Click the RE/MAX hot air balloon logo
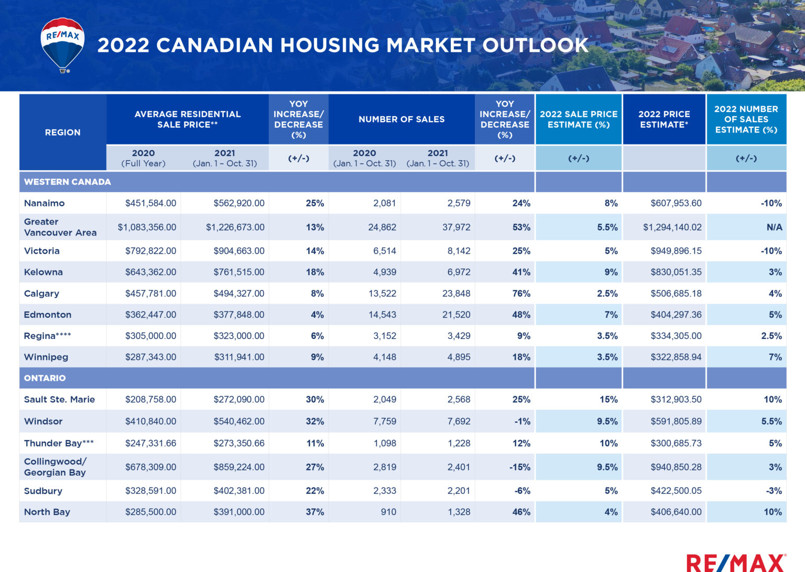coord(62,44)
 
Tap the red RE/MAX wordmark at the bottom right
coord(736,563)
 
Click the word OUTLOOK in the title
coord(535,46)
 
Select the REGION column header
coord(62,132)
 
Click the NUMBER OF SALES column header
coord(401,119)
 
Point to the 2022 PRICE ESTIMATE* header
coord(664,119)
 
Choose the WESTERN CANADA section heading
coord(68,182)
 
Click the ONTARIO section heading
coord(45,378)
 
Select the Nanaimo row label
coord(45,203)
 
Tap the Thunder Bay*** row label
coord(59,443)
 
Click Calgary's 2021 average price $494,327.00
coord(238,294)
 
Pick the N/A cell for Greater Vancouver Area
coord(774,227)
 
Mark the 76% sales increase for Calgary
coord(521,294)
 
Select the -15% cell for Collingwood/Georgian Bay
coord(519,467)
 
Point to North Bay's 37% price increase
coord(314,512)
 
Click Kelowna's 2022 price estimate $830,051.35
coord(676,272)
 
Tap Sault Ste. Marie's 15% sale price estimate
coord(608,399)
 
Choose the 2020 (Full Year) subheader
coord(143,158)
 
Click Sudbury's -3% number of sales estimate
coord(774,491)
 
